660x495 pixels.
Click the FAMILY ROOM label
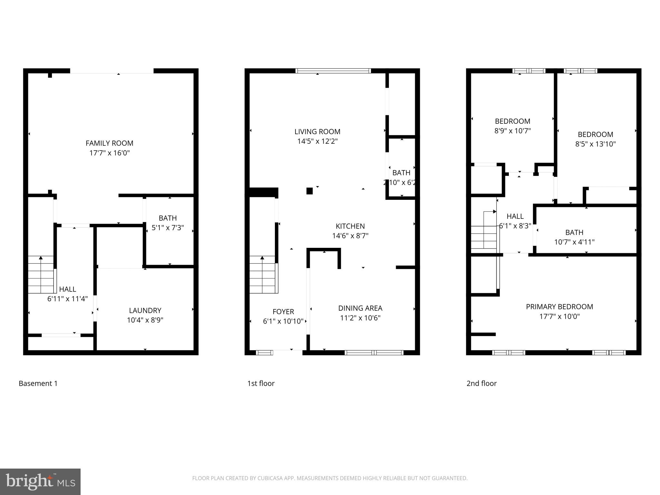click(x=109, y=143)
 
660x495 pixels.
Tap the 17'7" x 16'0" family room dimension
click(x=109, y=153)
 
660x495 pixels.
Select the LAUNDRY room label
click(x=145, y=310)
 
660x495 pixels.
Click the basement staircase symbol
click(x=41, y=275)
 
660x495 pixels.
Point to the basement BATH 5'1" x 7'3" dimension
click(x=168, y=228)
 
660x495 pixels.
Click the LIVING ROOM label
click(x=317, y=131)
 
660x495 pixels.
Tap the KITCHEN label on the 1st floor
click(x=350, y=226)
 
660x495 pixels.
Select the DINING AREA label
click(x=360, y=308)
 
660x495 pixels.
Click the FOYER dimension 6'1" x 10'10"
click(x=283, y=321)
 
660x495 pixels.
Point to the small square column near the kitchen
click(x=309, y=191)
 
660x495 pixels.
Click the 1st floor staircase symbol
click(x=262, y=275)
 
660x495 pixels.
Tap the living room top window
click(x=333, y=71)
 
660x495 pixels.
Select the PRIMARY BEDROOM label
click(x=559, y=307)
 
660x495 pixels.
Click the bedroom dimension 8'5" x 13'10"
click(x=595, y=144)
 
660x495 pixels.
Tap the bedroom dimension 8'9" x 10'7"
click(x=512, y=131)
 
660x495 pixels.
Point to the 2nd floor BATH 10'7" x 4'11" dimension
click(x=574, y=242)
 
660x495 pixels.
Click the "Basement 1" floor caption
click(x=38, y=383)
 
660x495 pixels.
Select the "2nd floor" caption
click(x=481, y=383)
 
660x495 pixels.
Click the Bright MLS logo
click(x=40, y=481)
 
